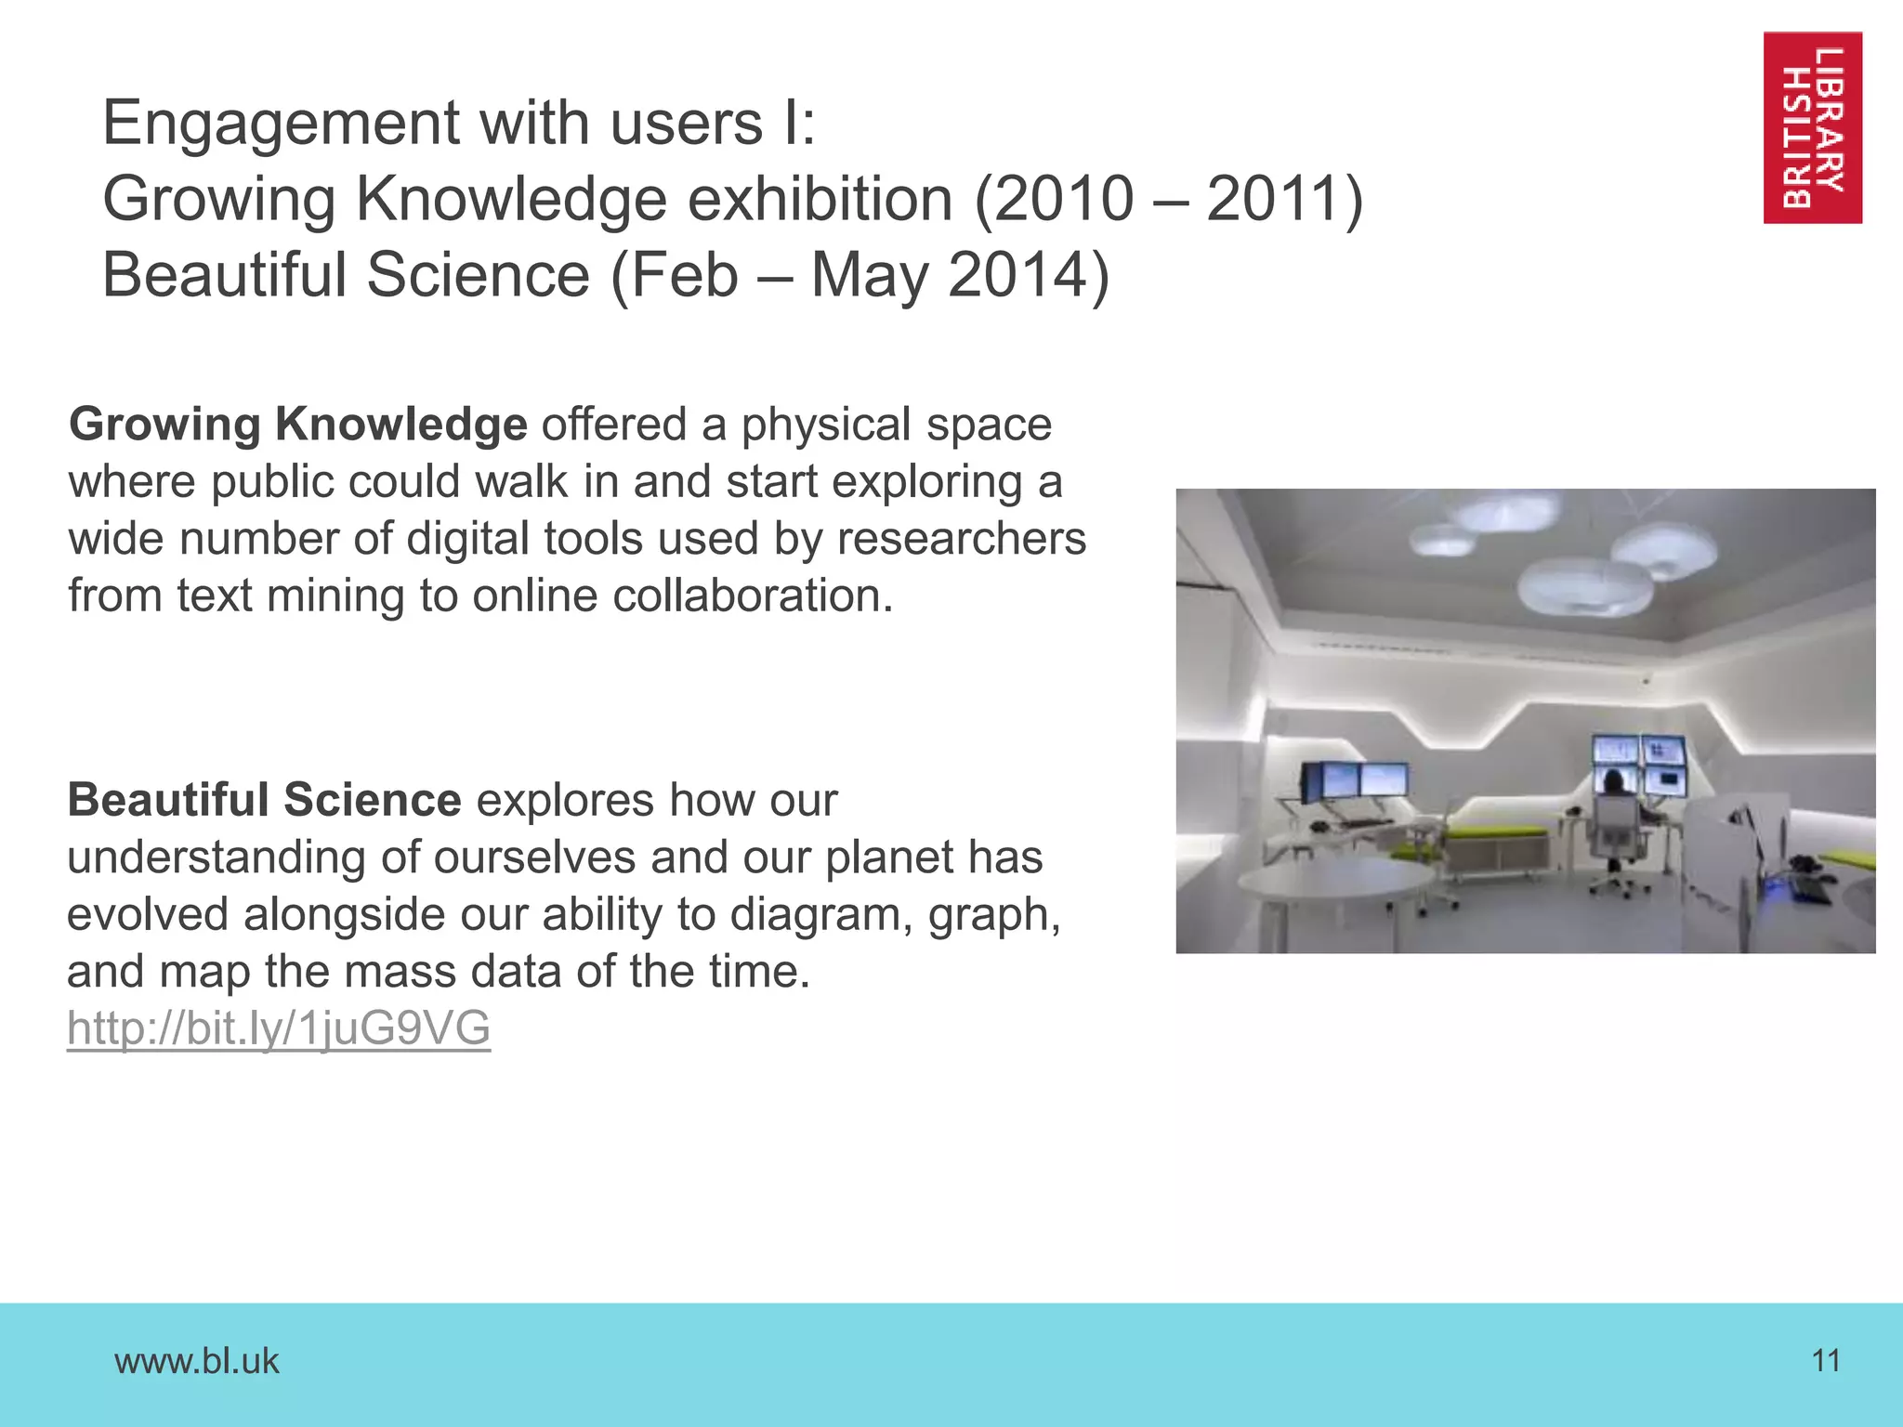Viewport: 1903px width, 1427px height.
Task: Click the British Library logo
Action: (1812, 127)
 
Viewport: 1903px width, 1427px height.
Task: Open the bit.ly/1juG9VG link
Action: (279, 1028)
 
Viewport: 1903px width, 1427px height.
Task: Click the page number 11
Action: (1826, 1361)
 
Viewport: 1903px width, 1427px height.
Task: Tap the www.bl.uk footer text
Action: (196, 1361)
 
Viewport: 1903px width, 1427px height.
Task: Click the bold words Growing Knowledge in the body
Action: (297, 425)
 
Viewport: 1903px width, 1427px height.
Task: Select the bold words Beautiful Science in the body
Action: (264, 800)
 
